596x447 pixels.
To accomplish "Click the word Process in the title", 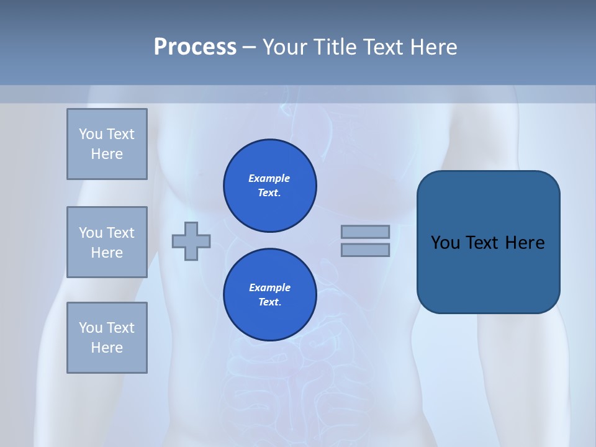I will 195,47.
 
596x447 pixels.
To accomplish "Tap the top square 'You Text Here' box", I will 107,144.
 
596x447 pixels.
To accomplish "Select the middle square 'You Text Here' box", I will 107,242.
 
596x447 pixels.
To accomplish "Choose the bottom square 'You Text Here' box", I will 107,338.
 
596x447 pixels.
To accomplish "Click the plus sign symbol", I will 191,241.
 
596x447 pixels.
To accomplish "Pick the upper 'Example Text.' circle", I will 270,186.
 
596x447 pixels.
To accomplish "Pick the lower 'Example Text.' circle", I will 270,295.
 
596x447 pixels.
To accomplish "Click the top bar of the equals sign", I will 365,232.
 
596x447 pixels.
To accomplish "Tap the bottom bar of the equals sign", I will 365,250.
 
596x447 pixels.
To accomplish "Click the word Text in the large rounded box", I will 482,243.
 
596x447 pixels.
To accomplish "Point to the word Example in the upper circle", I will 269,179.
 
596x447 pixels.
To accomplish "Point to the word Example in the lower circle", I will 269,288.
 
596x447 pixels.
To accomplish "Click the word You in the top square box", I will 90,134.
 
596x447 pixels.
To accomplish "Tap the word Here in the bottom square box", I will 107,348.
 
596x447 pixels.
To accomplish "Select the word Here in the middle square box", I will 107,253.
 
